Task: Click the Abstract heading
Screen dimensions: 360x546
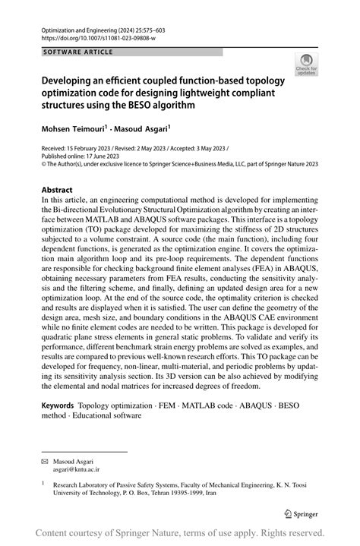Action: (57, 190)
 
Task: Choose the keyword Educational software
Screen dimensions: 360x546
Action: (106, 415)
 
